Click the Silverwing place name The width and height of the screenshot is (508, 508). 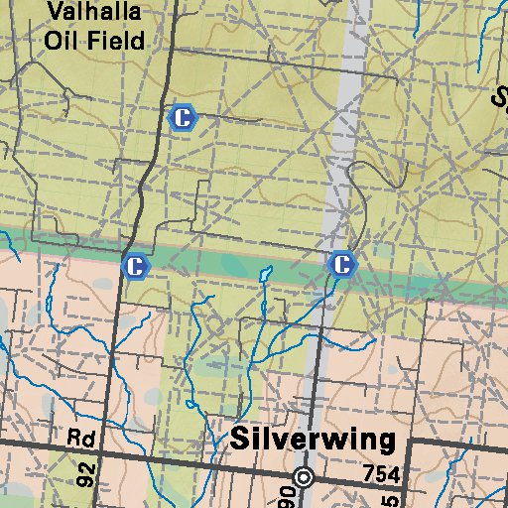pos(313,440)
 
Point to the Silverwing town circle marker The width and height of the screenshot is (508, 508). pos(305,478)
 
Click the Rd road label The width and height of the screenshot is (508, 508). pos(79,438)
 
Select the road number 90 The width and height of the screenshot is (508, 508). pos(288,495)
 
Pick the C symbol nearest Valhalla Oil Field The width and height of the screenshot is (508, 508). pos(183,118)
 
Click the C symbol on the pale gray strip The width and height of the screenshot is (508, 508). pos(341,264)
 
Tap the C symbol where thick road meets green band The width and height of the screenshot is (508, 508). pos(135,266)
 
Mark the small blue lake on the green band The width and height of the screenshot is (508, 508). pos(265,273)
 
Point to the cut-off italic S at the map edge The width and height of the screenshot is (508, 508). pos(500,96)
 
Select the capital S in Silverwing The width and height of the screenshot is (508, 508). pos(240,440)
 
